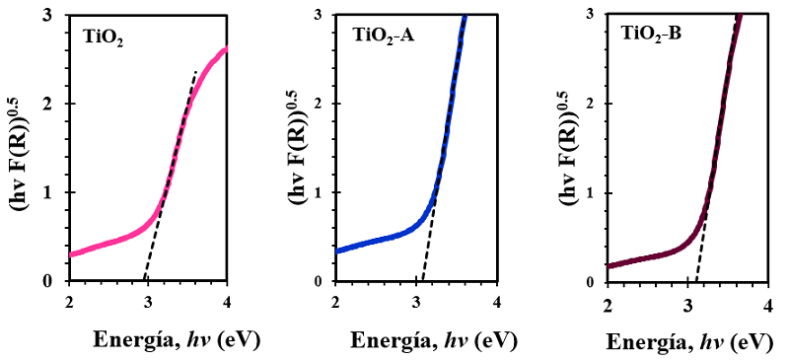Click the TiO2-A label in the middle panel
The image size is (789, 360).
(385, 35)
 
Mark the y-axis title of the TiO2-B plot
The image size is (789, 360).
(569, 148)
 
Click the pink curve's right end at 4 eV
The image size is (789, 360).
(227, 48)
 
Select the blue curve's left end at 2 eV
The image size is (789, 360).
(337, 251)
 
